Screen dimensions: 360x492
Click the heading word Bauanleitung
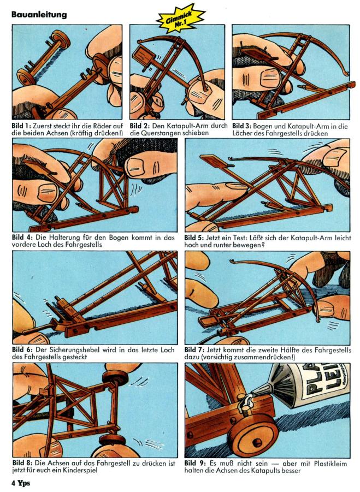coord(39,15)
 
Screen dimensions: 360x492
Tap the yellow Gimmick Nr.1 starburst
coord(180,19)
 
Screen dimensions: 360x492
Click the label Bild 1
coord(21,126)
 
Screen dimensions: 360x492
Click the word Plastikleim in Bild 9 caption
coord(331,464)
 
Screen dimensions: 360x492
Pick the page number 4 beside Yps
coord(14,483)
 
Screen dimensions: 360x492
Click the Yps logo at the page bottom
coord(24,483)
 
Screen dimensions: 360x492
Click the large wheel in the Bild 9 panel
coord(253,435)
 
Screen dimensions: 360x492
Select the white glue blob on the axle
coord(245,403)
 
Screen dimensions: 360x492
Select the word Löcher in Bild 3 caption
coord(243,133)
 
